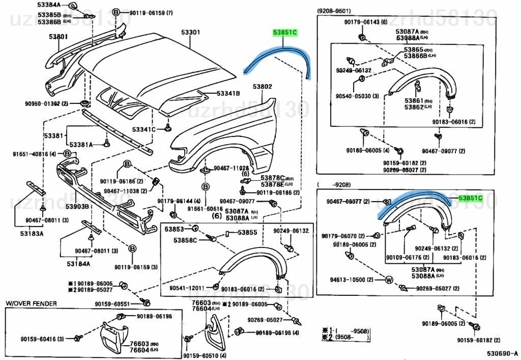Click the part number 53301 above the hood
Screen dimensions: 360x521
[191, 33]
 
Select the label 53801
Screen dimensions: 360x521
[59, 37]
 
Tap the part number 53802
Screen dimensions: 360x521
[264, 87]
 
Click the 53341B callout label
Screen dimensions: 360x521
[228, 94]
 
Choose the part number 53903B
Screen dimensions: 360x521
[77, 206]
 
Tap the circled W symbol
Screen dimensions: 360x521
[389, 280]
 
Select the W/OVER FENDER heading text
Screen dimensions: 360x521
[31, 303]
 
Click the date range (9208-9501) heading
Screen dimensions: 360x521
[334, 10]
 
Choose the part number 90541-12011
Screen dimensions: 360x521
[187, 288]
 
